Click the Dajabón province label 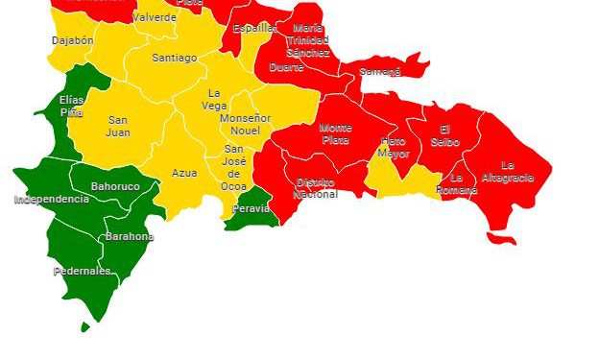pos(72,41)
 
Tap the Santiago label pos(174,58)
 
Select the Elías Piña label pos(71,106)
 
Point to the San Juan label pos(118,127)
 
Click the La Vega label pos(214,100)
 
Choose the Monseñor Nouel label pos(246,124)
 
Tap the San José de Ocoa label pos(233,168)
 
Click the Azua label pos(184,174)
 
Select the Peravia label pos(252,208)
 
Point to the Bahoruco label pos(115,186)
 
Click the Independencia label pos(51,200)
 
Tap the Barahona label pos(129,236)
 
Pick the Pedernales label pos(82,272)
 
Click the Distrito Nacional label pos(315,188)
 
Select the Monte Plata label pos(335,134)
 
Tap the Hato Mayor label pos(393,147)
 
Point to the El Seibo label pos(444,135)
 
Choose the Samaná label pos(380,72)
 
